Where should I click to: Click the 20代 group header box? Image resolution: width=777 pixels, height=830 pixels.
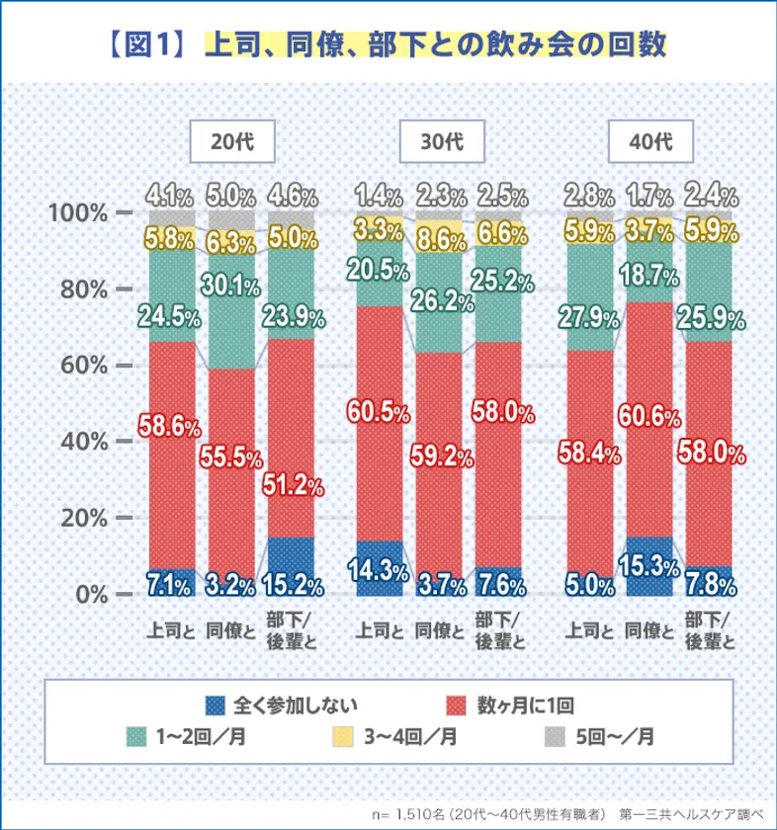[x=232, y=140]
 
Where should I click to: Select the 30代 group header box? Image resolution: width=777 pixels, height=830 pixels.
[x=441, y=140]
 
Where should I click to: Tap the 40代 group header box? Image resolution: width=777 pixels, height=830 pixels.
[x=649, y=140]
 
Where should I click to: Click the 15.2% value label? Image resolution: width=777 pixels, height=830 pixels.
[x=293, y=585]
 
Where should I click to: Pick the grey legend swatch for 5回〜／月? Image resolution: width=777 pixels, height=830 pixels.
[x=556, y=736]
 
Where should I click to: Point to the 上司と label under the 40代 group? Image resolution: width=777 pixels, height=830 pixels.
[x=589, y=628]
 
